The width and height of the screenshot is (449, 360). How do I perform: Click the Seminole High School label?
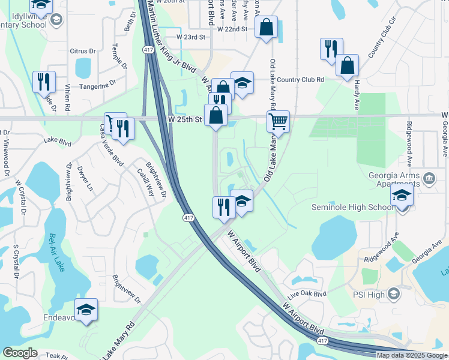coord(352,208)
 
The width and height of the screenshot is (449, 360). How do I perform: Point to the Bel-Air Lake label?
coord(58,252)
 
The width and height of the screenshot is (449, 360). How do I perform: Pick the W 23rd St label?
coord(191,37)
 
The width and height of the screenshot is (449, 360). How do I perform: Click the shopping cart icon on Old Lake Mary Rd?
coord(279,122)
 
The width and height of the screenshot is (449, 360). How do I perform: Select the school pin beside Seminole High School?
coord(402,196)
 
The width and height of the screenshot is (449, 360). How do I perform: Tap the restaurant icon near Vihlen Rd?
coord(43,81)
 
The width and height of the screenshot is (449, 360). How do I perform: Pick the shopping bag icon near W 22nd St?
coord(266,28)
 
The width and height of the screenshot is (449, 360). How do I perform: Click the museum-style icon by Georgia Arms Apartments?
coord(429,178)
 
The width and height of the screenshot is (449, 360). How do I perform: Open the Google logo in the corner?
coord(20,353)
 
